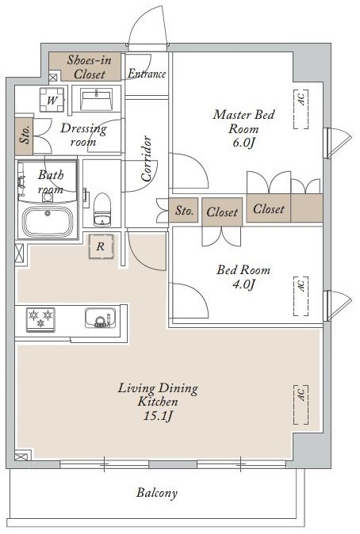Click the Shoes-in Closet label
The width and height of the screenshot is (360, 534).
[x=89, y=67]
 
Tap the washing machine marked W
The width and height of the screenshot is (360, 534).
[x=52, y=100]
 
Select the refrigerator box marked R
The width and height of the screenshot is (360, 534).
[x=101, y=246]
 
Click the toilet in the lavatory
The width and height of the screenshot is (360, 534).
[x=102, y=209]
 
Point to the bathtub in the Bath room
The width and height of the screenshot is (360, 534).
[x=48, y=220]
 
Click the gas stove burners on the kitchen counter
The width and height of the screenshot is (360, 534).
[x=40, y=319]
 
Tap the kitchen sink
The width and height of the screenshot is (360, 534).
[x=100, y=318]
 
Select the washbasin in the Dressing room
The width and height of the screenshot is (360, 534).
[x=97, y=99]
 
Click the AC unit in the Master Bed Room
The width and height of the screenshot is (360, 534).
[x=301, y=109]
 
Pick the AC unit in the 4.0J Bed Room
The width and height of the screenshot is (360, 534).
[x=301, y=296]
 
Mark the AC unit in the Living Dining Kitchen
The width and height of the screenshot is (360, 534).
[x=301, y=405]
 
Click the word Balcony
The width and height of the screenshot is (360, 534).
[x=157, y=493]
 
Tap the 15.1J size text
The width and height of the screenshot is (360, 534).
[x=158, y=416]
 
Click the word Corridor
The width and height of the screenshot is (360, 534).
[x=146, y=158]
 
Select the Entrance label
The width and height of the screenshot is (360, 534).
[x=147, y=74]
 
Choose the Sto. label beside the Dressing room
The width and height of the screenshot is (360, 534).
[x=25, y=135]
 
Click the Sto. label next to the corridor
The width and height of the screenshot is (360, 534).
[x=185, y=211]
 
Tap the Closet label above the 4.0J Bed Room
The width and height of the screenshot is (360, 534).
[x=222, y=212]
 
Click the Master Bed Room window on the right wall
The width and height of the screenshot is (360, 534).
[x=337, y=143]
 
